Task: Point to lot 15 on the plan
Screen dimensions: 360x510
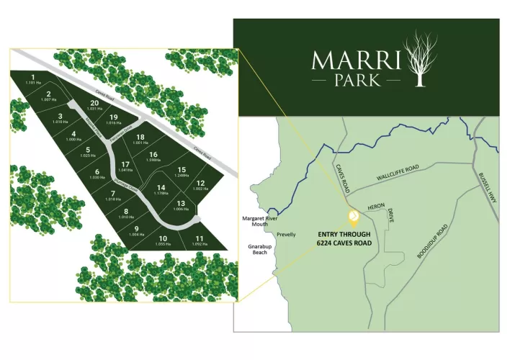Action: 182,171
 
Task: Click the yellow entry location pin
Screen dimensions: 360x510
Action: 354,217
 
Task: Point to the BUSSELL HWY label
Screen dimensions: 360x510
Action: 485,189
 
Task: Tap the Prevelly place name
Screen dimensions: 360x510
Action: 286,234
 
